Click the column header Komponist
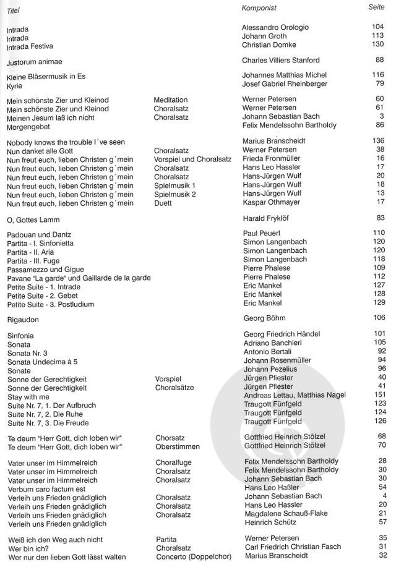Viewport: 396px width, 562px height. tap(258, 7)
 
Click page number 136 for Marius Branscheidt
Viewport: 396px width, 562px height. tap(379, 140)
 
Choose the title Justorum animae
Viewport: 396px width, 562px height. tap(35, 62)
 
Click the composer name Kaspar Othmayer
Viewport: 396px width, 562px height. tap(272, 202)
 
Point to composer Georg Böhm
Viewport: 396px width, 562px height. tap(263, 318)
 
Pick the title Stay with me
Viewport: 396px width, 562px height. tap(29, 396)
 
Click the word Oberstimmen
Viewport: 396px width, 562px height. tap(178, 446)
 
